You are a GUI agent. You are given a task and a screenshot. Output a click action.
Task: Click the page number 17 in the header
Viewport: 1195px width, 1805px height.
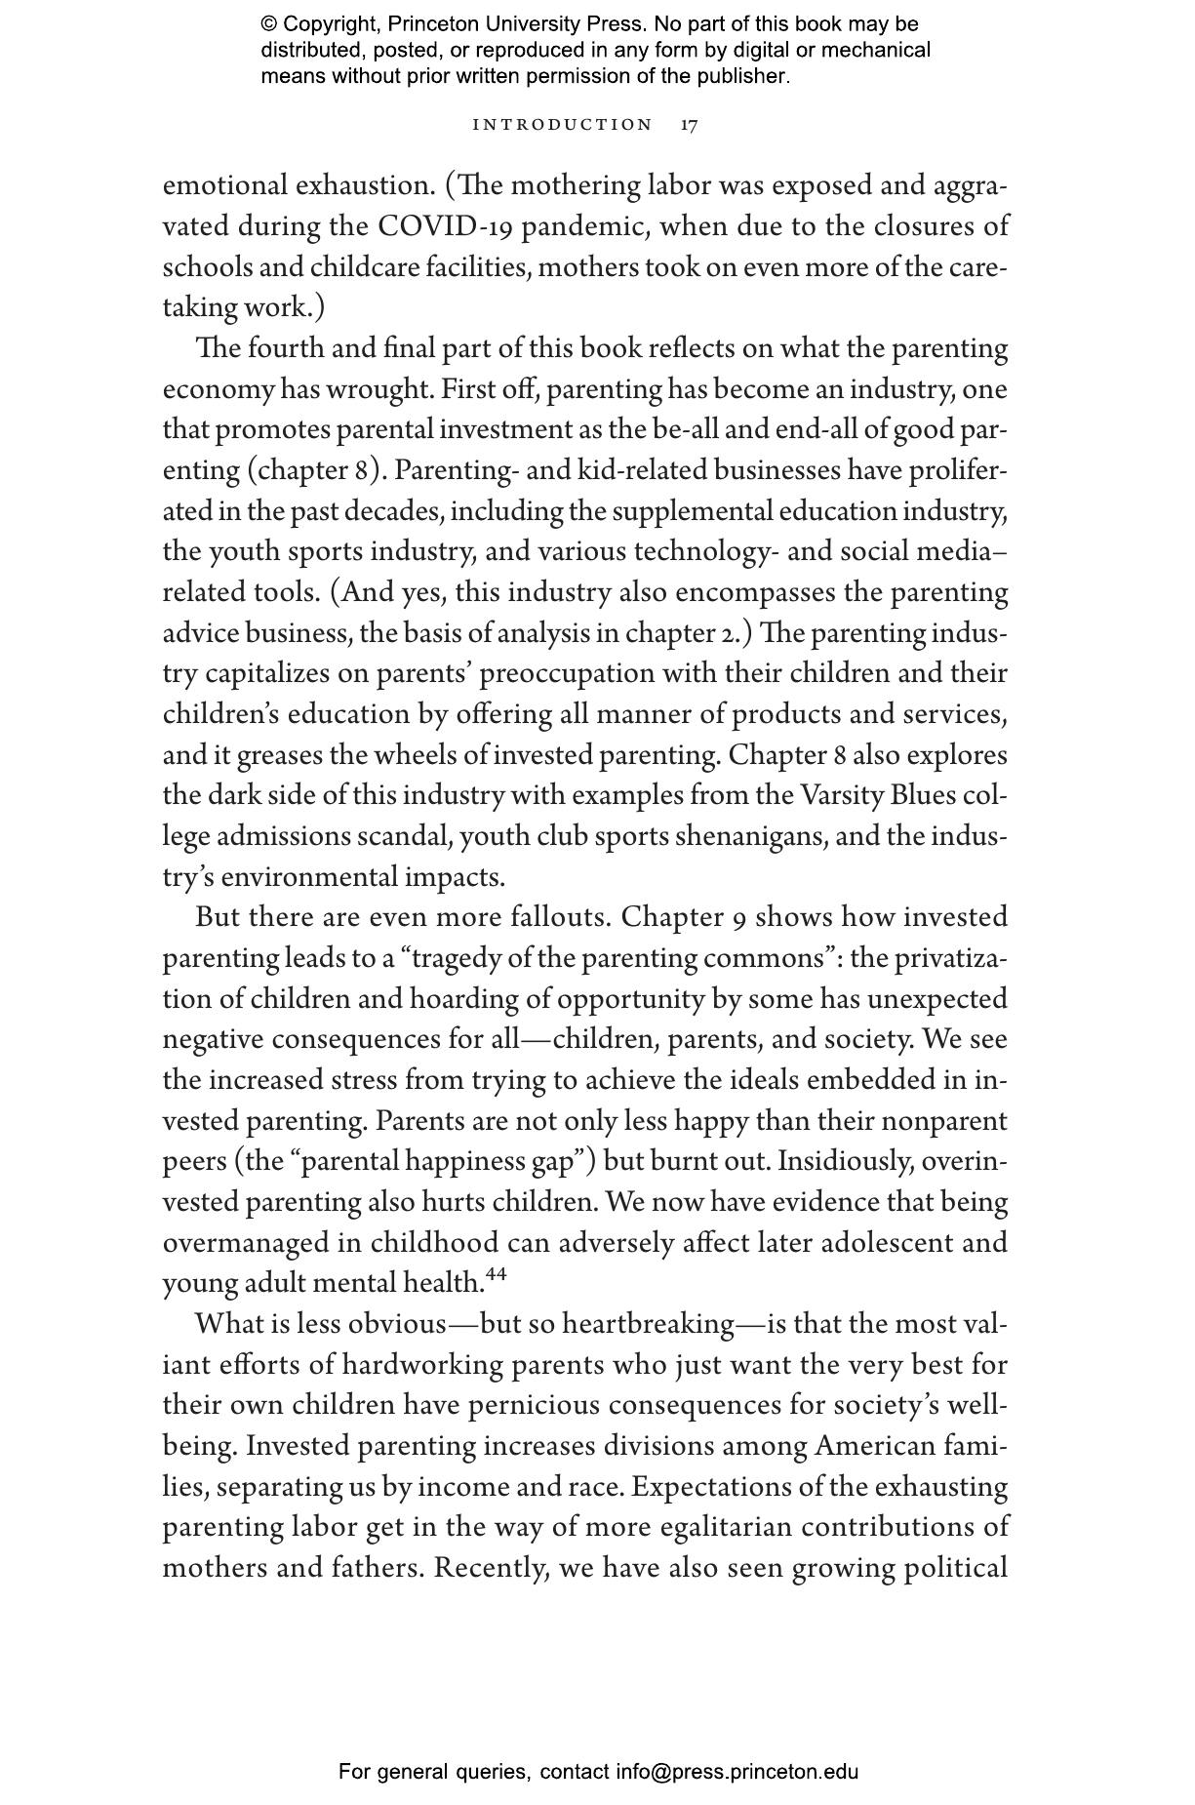[689, 125]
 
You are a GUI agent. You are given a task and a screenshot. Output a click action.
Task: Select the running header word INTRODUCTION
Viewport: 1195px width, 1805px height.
[562, 125]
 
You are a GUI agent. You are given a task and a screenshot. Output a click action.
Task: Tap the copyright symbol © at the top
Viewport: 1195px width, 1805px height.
[268, 24]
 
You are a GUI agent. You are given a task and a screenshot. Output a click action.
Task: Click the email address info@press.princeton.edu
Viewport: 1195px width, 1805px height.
[737, 1772]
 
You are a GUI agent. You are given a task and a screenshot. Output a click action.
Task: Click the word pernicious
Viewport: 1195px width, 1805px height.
[529, 1406]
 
